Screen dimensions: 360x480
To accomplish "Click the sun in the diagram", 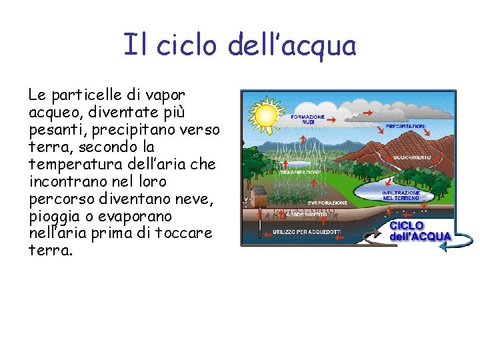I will point(265,114).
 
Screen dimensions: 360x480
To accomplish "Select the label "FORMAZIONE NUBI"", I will point(307,119).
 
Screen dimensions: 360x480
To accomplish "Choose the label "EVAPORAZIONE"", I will point(327,203).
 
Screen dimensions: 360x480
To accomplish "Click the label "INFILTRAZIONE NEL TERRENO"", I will point(401,195).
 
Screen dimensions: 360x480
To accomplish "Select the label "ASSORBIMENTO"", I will point(307,215).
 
